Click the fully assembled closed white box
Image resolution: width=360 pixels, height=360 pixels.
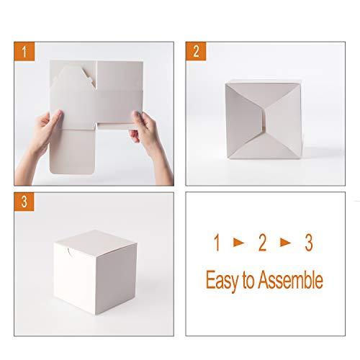pos(91,274)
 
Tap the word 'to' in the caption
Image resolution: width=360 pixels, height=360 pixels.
pos(248,281)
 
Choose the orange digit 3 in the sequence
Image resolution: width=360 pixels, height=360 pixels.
pos(308,243)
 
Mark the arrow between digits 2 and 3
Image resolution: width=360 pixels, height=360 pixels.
pos(286,243)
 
